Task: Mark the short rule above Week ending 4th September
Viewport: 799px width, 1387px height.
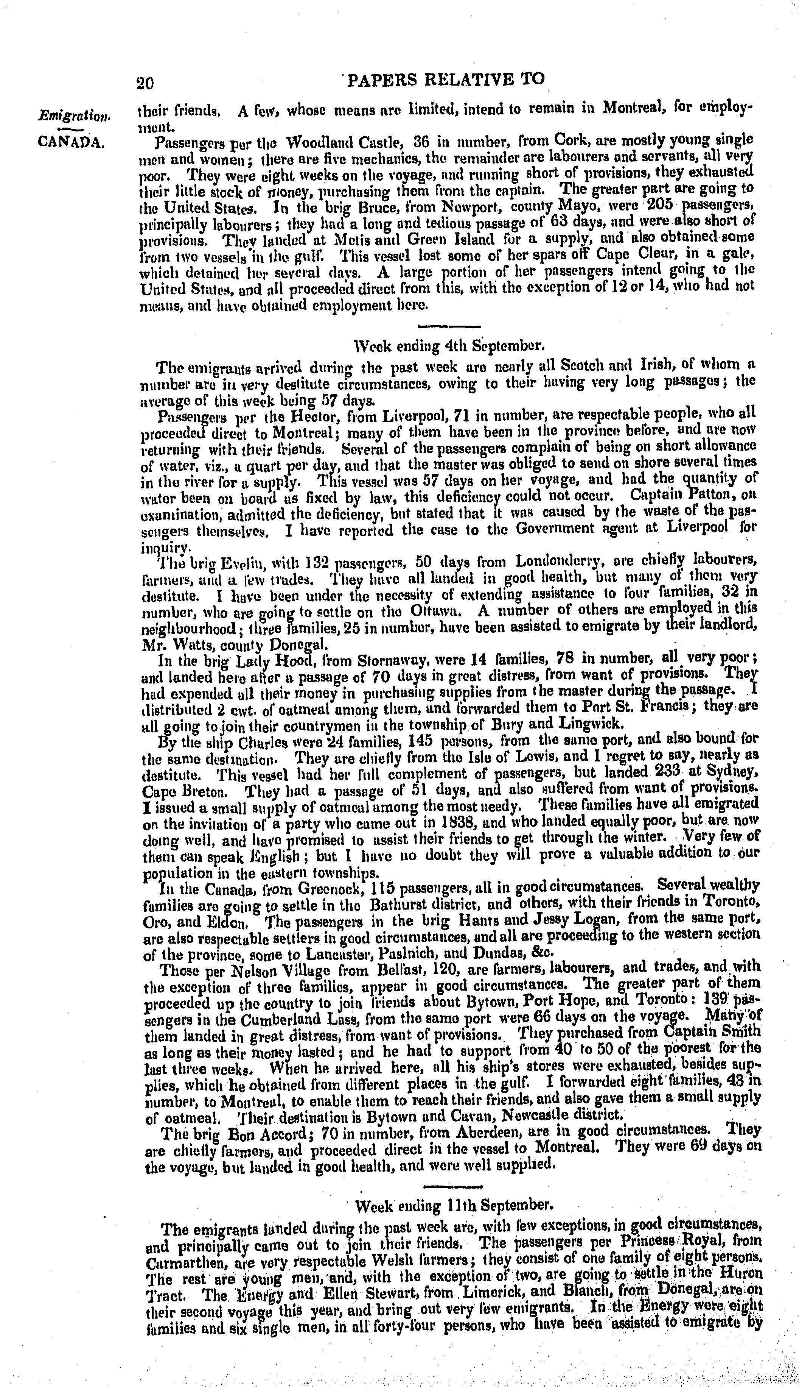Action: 449,326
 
